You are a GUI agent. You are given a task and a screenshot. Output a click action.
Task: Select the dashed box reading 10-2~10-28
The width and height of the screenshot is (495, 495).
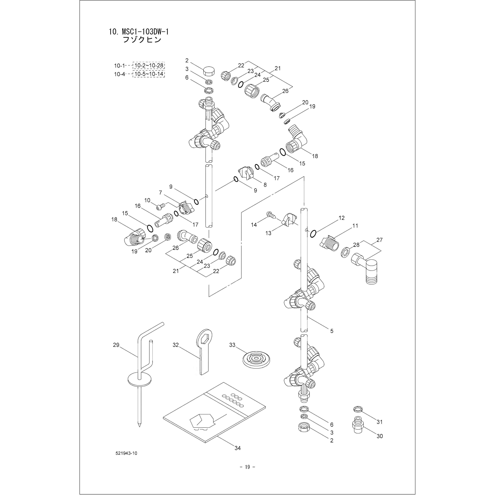coord(149,66)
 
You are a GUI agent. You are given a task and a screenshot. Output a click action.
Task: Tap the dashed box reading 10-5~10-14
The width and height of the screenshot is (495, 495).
coord(149,74)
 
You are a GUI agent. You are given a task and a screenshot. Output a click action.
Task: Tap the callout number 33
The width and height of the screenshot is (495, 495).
coord(232,345)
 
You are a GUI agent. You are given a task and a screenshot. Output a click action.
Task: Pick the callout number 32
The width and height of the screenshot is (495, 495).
coord(176,345)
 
